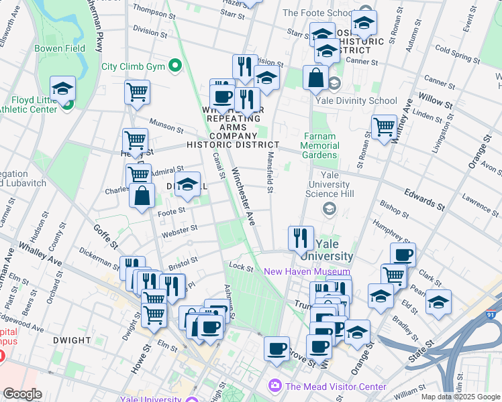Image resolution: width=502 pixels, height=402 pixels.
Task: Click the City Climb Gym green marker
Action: coord(175,66)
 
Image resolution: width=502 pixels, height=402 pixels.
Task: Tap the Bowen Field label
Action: coord(60,49)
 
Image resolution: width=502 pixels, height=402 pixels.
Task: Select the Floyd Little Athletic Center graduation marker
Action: coord(63,89)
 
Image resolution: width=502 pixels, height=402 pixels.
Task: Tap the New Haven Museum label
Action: coord(307,271)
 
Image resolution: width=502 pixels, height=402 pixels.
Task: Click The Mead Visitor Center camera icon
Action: coord(274,386)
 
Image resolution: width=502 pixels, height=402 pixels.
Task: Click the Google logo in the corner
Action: coord(22,394)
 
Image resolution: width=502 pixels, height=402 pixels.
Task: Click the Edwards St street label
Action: coord(424,198)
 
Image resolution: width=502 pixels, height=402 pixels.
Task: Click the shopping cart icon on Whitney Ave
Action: coord(384,126)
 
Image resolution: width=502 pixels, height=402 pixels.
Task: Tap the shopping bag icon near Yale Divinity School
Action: coord(315,77)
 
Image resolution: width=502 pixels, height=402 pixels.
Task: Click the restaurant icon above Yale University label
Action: coord(301,237)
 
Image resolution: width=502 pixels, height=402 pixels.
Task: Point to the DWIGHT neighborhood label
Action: coord(70,340)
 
